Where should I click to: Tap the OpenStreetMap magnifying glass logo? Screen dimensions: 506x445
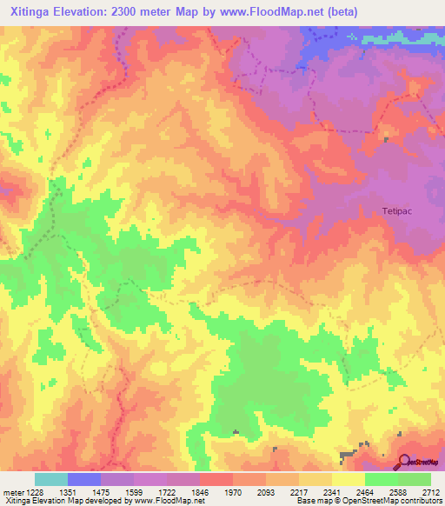(x=406, y=462)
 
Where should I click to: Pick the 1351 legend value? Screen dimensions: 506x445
(x=67, y=491)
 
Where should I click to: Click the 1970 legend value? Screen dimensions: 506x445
(x=233, y=491)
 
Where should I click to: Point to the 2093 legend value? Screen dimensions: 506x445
(x=266, y=491)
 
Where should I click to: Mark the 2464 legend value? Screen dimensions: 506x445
(x=365, y=491)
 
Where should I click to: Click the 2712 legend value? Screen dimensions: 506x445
(x=431, y=491)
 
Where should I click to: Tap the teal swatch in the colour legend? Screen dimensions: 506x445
(x=50, y=479)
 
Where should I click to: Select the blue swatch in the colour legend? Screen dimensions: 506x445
(x=83, y=479)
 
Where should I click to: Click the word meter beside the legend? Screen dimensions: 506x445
(x=11, y=491)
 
